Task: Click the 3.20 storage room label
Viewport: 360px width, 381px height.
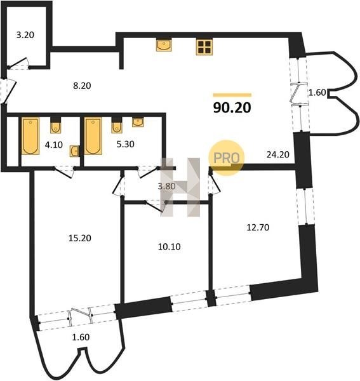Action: [x=25, y=35]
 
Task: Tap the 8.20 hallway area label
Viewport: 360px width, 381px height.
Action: [x=82, y=86]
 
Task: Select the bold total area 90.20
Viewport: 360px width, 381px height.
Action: [x=232, y=108]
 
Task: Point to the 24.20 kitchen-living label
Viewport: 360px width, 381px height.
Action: [x=278, y=154]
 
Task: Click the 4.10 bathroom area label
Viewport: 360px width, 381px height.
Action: [x=54, y=145]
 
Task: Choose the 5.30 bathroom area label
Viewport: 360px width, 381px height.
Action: [x=125, y=144]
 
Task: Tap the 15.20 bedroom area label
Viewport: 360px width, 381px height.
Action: [x=79, y=238]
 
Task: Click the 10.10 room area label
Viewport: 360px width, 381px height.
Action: [x=170, y=247]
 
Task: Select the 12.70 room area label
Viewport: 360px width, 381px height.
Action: [x=258, y=227]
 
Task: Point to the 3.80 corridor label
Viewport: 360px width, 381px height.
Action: [x=166, y=186]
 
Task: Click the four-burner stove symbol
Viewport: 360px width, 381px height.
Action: [x=204, y=47]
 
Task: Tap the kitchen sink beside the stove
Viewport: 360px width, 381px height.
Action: [x=164, y=45]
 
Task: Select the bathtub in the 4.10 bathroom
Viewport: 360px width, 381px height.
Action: [x=30, y=136]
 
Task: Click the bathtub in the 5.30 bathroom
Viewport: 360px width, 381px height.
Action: [x=93, y=136]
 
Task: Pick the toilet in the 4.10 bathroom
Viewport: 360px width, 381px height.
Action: [x=56, y=125]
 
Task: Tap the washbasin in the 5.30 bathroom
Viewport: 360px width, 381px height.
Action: [x=138, y=122]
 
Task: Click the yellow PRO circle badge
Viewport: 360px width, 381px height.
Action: [x=227, y=158]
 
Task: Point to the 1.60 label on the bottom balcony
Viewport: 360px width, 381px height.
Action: [x=81, y=337]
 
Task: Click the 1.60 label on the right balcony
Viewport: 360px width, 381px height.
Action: [x=317, y=93]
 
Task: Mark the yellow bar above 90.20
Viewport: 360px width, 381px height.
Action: [x=232, y=95]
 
